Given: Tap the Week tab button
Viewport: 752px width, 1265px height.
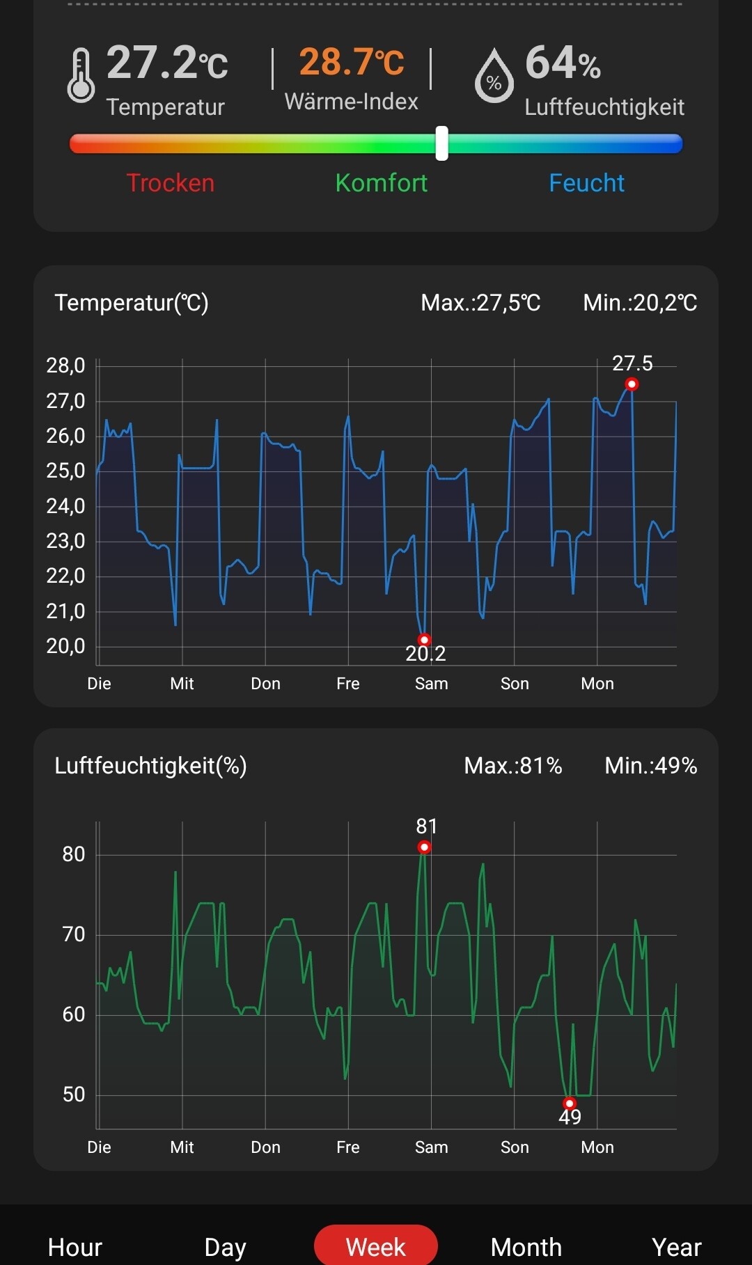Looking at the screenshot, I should [x=376, y=1246].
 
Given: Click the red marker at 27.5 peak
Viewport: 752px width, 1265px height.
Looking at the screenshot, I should [x=632, y=384].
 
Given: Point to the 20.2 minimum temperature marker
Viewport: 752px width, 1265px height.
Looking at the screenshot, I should [x=424, y=640].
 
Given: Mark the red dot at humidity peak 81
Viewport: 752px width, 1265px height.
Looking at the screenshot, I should [x=424, y=847].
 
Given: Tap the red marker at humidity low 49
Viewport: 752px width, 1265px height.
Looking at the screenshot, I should [x=570, y=1103].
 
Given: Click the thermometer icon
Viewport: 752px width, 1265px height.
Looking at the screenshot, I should [x=81, y=75].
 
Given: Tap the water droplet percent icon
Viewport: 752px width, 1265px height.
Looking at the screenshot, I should [x=494, y=76].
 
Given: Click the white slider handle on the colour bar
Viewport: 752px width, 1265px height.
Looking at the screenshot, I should [x=441, y=143].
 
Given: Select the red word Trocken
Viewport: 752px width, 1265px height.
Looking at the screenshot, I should [x=171, y=183].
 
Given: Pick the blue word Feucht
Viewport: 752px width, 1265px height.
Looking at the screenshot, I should [x=586, y=183].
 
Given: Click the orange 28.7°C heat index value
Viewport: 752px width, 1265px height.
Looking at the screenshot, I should [x=352, y=62].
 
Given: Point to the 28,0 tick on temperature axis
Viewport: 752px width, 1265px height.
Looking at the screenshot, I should [x=65, y=366].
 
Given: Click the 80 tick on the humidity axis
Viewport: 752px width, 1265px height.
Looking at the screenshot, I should [x=73, y=854].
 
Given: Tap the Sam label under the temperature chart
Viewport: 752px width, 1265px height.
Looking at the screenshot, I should [x=431, y=684].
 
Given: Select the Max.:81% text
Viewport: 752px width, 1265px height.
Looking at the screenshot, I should [x=513, y=766].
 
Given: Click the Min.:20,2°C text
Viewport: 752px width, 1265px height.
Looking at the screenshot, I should [x=640, y=303].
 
